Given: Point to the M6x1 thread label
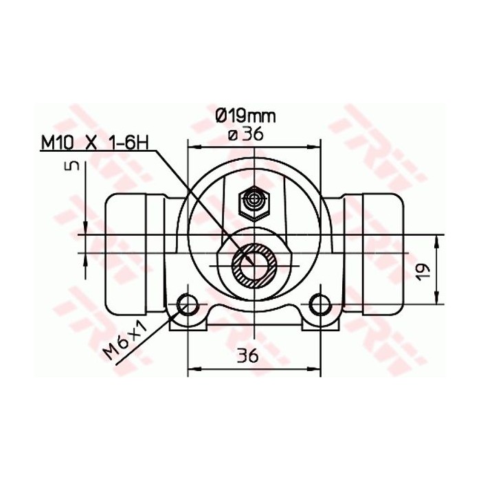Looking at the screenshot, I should pos(127,342).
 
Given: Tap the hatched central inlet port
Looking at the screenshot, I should pos(254,263).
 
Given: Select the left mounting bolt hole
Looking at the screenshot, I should pos(187,303).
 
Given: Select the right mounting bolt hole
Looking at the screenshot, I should pos(319,303).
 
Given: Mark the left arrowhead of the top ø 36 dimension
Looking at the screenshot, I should pos(192,146).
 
